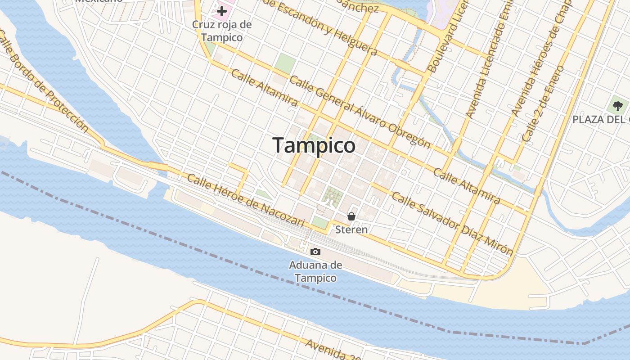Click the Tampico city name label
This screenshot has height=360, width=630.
pos(314,145)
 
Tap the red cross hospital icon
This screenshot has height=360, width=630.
pos(221,11)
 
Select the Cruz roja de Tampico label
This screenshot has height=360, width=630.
pos(222,31)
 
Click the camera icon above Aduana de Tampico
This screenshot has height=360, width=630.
pos(315,252)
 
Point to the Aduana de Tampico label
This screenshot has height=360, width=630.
pos(315,271)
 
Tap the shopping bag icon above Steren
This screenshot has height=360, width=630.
pos(351,216)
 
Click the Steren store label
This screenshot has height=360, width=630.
pos(351,229)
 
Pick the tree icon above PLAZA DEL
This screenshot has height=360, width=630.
pos(618,106)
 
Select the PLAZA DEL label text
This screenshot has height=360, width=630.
pos(601,120)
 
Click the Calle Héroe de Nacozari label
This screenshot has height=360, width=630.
pos(246,201)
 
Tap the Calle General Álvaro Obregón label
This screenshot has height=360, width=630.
pos(360,112)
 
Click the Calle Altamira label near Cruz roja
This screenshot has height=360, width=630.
pos(264,88)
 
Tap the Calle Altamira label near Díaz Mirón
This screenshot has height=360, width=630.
pos(467,185)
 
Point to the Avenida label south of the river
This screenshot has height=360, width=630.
pos(333,350)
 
